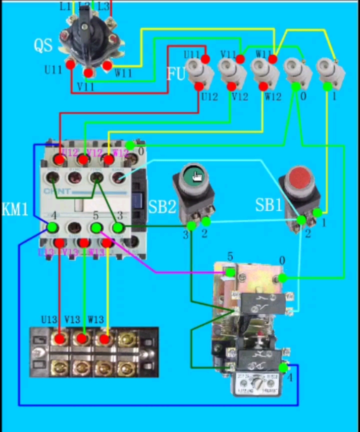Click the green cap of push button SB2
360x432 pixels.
point(193,175)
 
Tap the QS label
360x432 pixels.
point(43,45)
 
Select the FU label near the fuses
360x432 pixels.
point(176,74)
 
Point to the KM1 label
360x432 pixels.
point(15,209)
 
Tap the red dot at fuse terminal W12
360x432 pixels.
point(263,86)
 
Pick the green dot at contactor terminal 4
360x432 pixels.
point(51,228)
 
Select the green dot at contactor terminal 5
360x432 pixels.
point(95,227)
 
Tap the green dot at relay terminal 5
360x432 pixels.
point(230,272)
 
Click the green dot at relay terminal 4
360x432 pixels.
point(283,368)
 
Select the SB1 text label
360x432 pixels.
point(269,205)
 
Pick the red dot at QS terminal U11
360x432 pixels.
point(70,65)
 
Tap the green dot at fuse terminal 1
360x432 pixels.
point(327,86)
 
